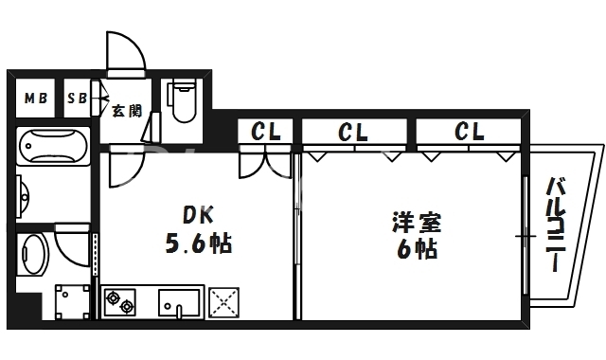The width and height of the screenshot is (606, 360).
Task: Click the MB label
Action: click(x=35, y=99)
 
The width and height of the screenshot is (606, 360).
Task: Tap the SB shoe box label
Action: click(x=77, y=99)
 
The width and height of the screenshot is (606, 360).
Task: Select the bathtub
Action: click(x=53, y=147)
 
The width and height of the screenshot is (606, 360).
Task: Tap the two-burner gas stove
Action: click(x=122, y=302)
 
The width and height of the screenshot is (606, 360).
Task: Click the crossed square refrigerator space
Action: click(x=225, y=302)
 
